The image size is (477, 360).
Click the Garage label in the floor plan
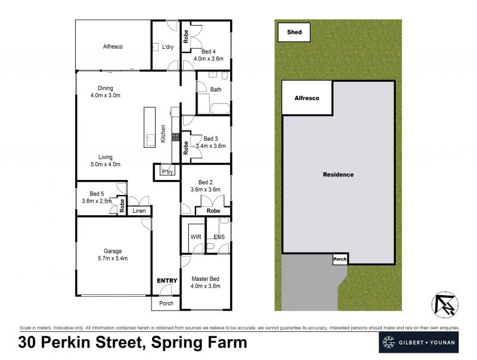(113, 251)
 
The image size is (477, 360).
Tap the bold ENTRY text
(167, 281)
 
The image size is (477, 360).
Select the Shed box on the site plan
(294, 32)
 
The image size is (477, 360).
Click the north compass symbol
(445, 305)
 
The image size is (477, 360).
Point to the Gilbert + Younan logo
(419, 342)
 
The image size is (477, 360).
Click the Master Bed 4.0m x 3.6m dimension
(205, 286)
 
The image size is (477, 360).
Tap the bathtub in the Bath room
(220, 108)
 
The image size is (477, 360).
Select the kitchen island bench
(150, 127)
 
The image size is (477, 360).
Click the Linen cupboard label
(139, 211)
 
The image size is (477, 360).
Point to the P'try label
(168, 172)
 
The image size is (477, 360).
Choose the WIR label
(196, 237)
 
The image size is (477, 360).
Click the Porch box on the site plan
(340, 259)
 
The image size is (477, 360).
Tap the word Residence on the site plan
(338, 175)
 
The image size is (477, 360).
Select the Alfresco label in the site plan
(306, 98)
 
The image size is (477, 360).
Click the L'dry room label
(168, 47)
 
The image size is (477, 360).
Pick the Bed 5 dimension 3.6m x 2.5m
(97, 201)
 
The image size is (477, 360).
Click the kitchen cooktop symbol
(176, 137)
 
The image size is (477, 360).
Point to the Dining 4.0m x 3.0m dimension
(106, 95)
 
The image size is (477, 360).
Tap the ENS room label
(219, 237)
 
